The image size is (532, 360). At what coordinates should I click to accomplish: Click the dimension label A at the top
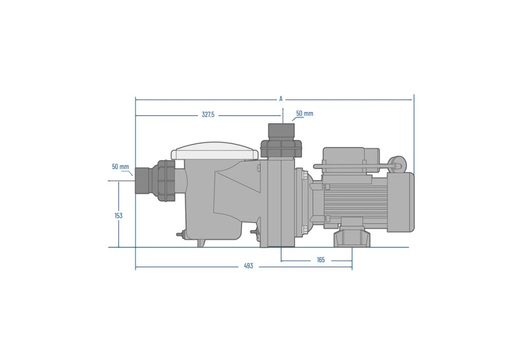281,99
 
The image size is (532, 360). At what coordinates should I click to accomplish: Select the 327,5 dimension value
208,115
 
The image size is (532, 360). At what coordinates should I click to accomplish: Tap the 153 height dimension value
118,215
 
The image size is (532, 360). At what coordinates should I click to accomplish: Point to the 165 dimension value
321,260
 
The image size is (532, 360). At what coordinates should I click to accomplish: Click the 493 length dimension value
248,266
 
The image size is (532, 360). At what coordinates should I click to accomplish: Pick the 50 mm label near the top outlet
305,114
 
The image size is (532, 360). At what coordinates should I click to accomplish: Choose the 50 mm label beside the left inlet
120,167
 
